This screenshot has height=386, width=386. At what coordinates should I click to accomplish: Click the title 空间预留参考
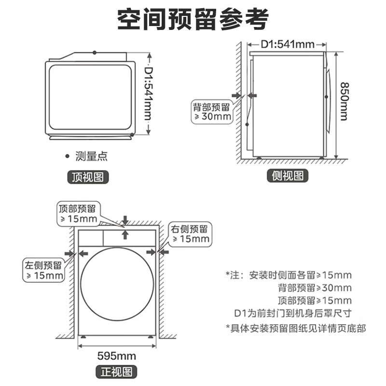[x=193, y=20]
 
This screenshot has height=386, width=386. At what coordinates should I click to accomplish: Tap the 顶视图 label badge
[x=87, y=177]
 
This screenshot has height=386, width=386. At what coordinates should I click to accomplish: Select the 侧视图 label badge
[x=288, y=176]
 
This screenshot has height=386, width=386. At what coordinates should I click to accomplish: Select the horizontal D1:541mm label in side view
[x=288, y=45]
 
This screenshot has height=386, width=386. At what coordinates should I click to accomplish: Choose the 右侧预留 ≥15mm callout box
[x=189, y=234]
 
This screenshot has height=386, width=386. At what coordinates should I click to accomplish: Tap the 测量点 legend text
[x=91, y=156]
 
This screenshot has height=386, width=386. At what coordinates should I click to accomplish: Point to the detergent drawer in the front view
[x=91, y=236]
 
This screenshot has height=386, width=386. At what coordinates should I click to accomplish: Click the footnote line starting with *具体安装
[x=296, y=328]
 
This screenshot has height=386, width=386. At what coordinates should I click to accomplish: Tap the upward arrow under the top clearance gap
[x=125, y=235]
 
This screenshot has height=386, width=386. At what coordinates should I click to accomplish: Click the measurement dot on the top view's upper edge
[x=95, y=52]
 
